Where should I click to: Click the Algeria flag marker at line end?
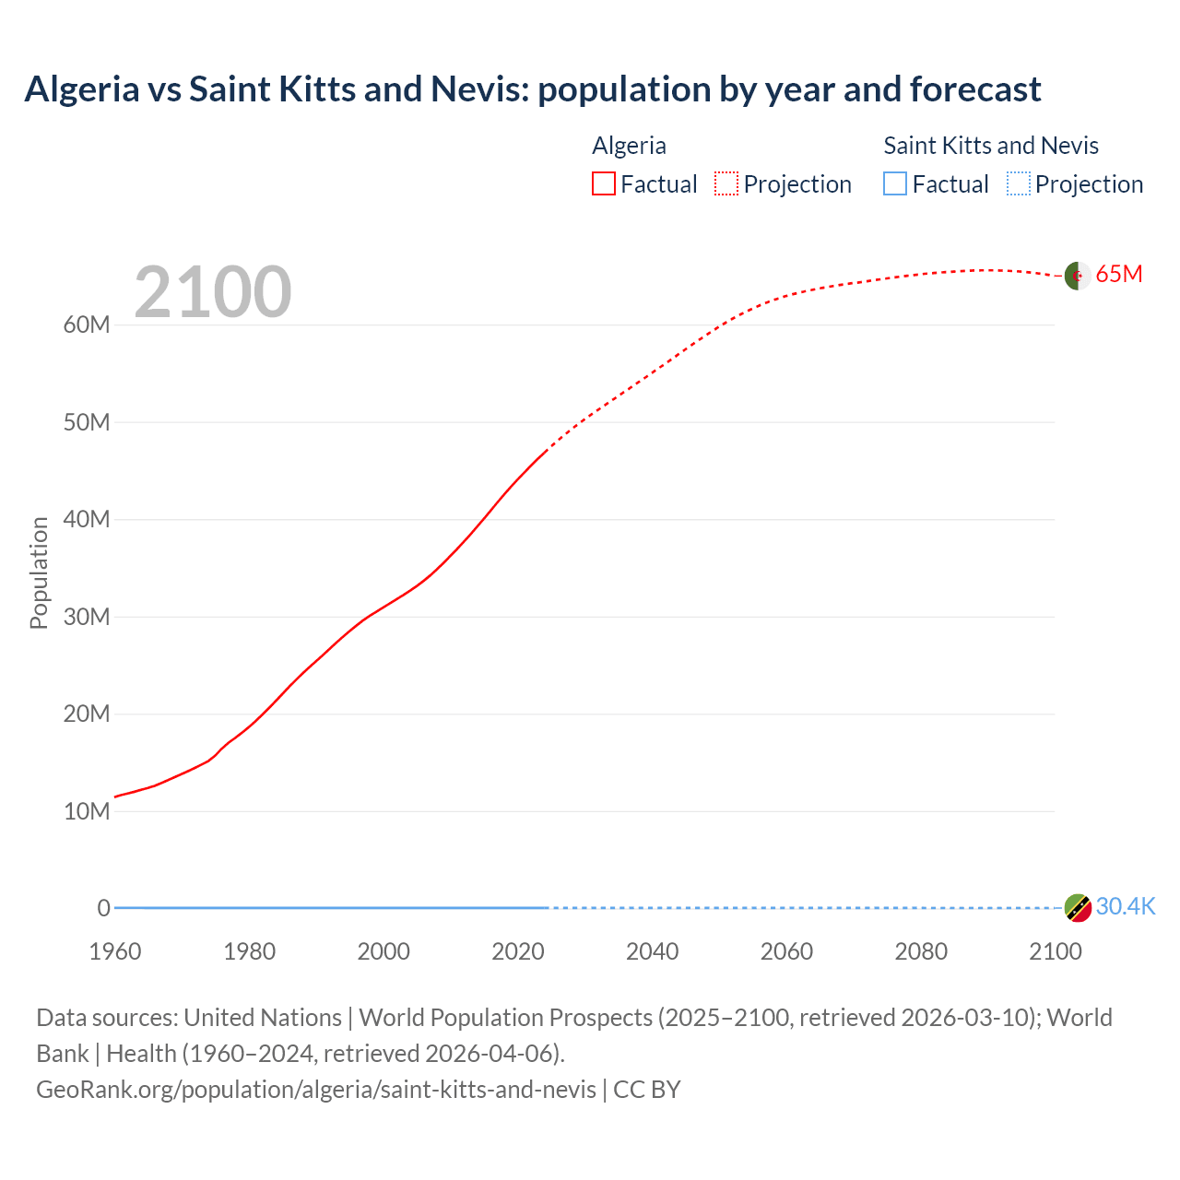1078,276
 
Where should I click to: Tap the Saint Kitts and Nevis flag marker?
1078,908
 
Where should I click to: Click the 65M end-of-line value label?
1119,275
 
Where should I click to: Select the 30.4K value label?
1126,907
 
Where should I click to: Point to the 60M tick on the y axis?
87,325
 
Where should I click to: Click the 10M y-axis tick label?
87,812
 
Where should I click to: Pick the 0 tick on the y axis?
104,909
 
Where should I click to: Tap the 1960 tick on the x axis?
115,952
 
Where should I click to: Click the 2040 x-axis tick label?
652,952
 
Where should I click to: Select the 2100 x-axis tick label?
1055,952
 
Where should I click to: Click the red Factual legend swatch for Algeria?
604,184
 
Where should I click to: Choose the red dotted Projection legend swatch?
726,184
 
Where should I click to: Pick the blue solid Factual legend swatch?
895,184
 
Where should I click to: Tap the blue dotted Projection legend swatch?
1018,184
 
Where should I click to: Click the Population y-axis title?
39,573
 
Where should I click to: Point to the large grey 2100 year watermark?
213,293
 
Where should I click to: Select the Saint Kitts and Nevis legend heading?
991,146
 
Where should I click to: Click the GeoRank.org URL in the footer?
316,1090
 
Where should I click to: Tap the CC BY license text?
647,1090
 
